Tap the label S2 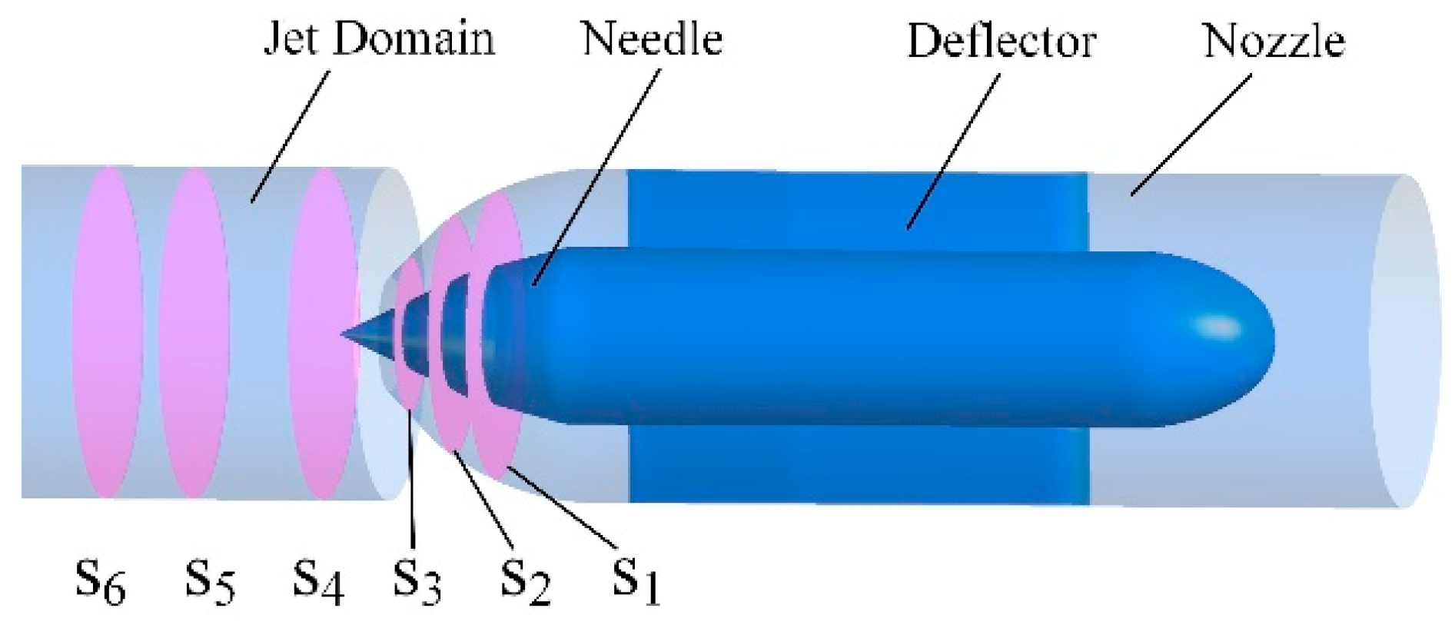[526, 583]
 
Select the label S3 [417, 582]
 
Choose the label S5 [210, 580]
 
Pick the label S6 [101, 582]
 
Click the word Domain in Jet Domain [414, 38]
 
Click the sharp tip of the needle [345, 334]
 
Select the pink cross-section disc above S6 [108, 332]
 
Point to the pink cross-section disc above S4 [323, 332]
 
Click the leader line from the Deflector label [953, 150]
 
